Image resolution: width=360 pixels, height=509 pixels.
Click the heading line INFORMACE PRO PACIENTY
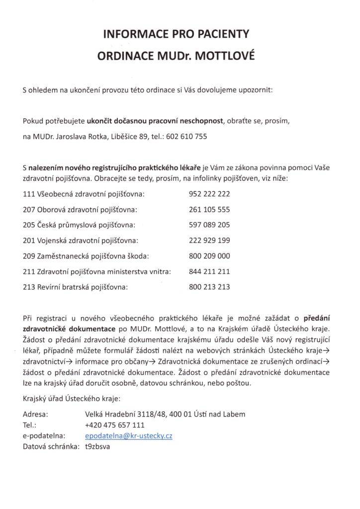pos(176,34)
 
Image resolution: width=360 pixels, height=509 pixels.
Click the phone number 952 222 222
pos(209,194)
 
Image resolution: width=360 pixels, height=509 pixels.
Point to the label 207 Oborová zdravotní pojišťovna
pos(80,210)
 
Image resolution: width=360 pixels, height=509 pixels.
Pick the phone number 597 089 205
pos(209,225)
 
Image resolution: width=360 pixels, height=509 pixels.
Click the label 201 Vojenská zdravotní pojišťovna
pos(80,241)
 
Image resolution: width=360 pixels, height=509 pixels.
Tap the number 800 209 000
pos(209,256)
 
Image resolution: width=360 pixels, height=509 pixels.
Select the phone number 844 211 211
pos(209,271)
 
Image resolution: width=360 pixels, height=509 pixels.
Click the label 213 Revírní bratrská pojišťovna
pos(76,287)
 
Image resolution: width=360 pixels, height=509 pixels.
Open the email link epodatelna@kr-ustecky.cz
pos(129,435)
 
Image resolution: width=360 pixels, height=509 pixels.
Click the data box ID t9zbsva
pos(98,446)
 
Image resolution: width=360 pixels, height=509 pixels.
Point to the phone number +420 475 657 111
pos(115,425)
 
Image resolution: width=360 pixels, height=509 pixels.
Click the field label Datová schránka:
pos(51,446)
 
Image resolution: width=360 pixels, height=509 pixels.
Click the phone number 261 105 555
pos(209,210)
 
